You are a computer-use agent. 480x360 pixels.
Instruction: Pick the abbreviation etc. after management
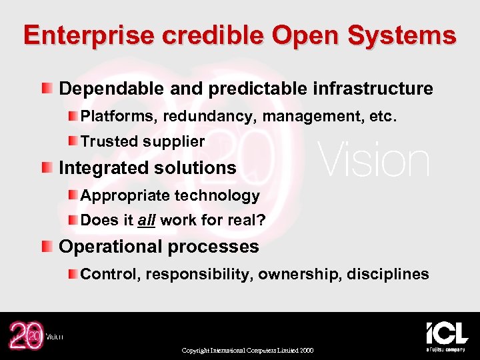[x=383, y=117]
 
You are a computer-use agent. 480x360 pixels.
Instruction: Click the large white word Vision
[x=373, y=161]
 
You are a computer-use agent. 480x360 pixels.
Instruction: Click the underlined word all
[x=146, y=220]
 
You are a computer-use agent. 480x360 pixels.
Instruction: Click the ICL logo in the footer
[x=447, y=335]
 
